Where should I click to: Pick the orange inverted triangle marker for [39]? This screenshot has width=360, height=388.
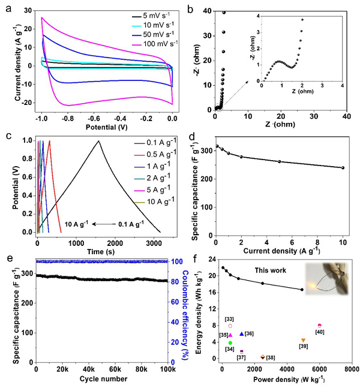click(304, 341)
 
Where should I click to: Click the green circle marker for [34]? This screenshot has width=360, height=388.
click(230, 343)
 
